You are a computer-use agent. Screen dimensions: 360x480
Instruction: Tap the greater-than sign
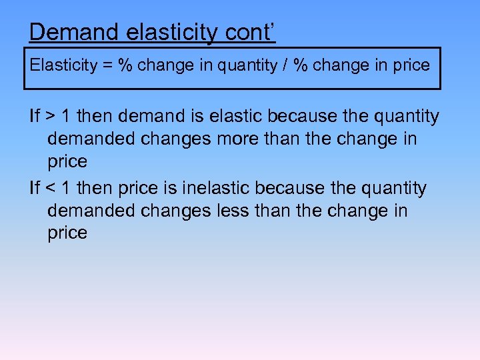[x=51, y=117]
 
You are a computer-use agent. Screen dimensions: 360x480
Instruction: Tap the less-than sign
[x=51, y=189]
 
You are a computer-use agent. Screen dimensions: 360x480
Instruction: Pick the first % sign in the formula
[x=125, y=65]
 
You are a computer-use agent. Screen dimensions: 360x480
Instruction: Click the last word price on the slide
[x=67, y=233]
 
